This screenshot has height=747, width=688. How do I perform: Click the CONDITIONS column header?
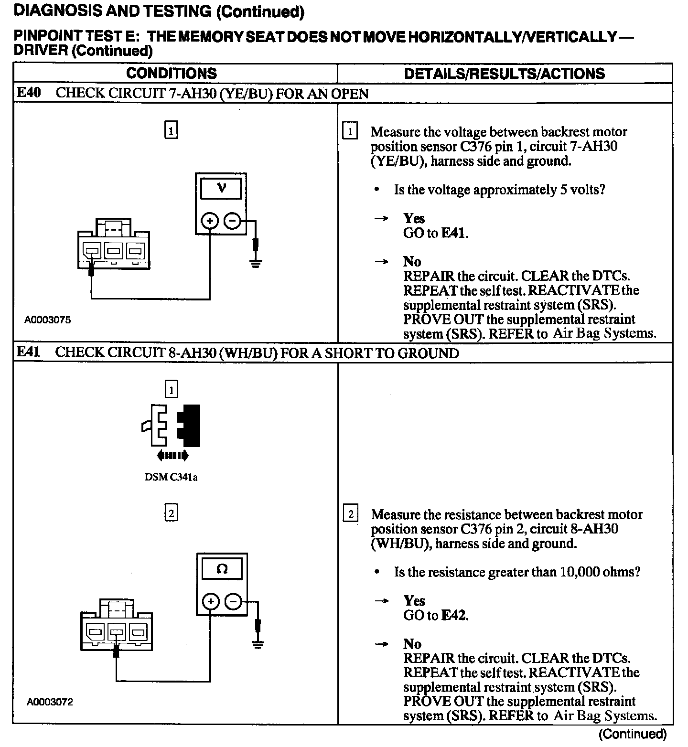172,74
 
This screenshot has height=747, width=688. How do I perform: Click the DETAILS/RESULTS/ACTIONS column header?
504,74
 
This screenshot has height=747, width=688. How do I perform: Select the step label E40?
29,93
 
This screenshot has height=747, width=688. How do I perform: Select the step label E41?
29,352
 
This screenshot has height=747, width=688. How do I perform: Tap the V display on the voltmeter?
221,188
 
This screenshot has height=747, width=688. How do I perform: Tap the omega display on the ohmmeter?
222,569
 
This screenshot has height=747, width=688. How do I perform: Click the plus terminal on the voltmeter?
209,221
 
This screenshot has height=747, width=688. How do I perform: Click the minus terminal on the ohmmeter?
233,601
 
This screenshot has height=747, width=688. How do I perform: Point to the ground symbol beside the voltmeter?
256,263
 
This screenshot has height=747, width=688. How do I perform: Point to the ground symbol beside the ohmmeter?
258,644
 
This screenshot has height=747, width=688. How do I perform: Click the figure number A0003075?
48,320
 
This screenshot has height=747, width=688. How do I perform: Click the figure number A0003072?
50,702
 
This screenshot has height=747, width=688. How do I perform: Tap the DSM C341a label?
171,477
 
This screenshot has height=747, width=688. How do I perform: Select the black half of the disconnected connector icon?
190,425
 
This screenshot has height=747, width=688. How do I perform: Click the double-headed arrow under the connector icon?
172,456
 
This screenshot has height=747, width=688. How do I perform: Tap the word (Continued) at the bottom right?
632,734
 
